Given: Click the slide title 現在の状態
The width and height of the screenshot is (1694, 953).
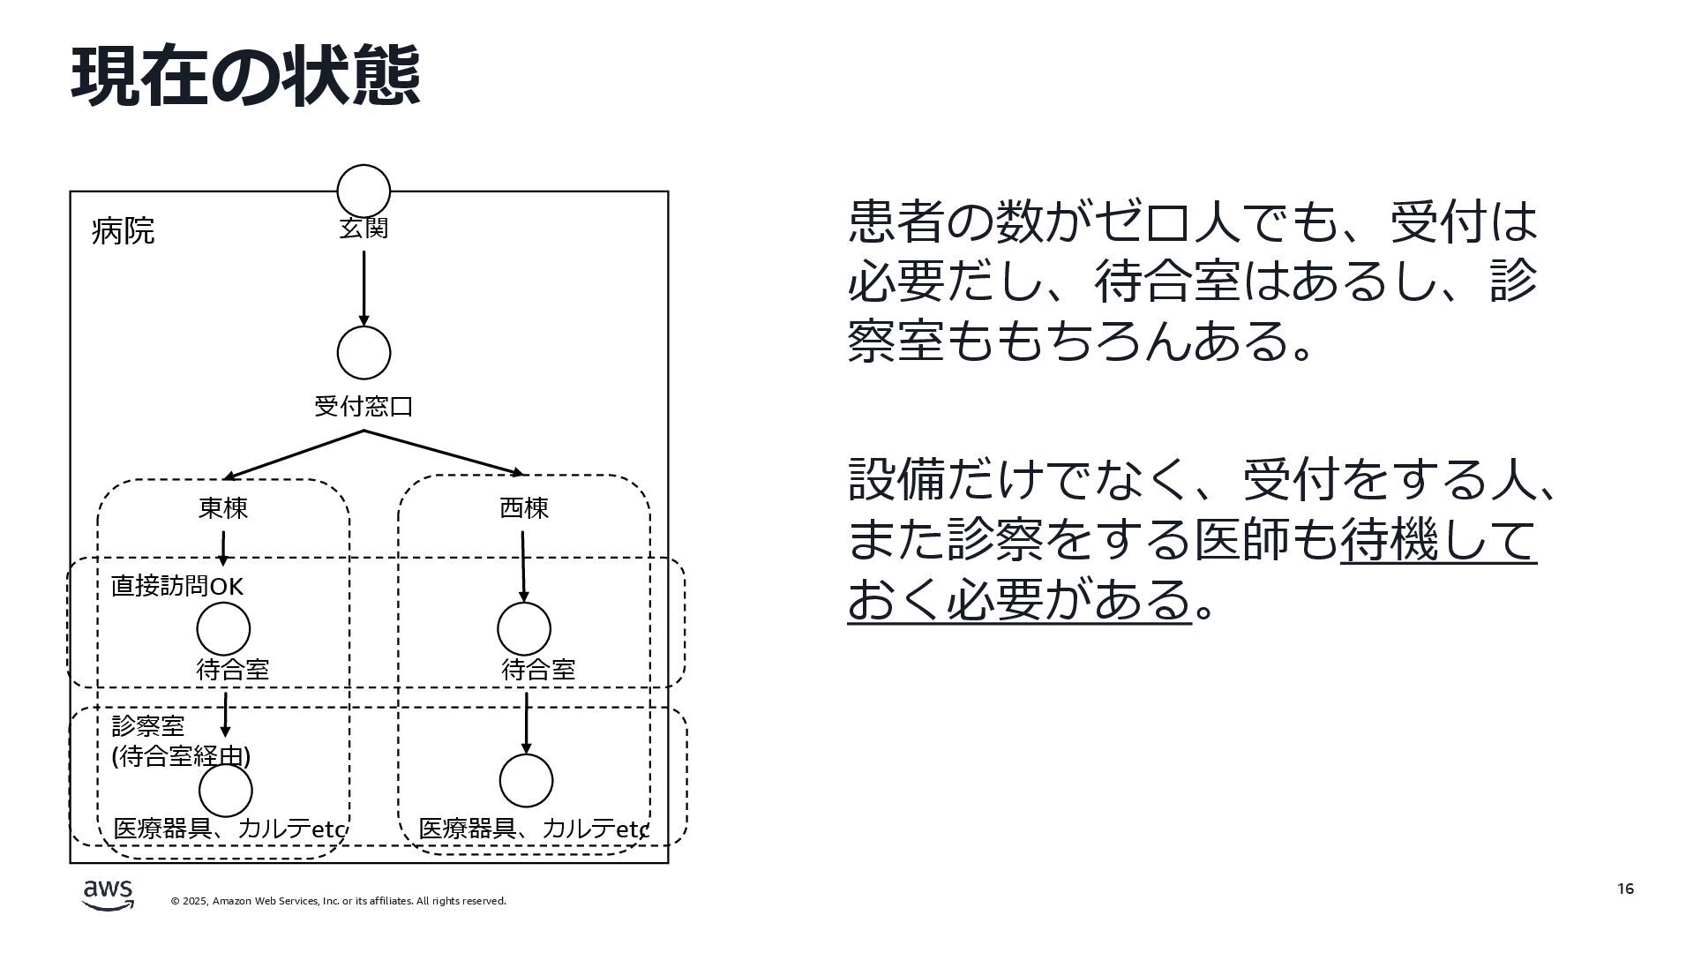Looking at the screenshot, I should click(245, 77).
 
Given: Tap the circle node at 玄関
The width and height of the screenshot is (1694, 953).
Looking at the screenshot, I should click(364, 191).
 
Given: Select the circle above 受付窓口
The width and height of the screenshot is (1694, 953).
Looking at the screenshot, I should click(364, 352).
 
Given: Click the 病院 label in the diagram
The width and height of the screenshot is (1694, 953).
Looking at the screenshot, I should click(123, 231).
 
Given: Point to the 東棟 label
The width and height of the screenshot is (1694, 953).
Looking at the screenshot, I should click(223, 508).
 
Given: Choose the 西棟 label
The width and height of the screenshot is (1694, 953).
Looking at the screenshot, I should click(524, 508).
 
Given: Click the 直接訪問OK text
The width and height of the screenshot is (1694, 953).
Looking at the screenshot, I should click(176, 586).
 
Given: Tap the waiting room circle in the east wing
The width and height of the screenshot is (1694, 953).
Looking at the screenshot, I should click(223, 629).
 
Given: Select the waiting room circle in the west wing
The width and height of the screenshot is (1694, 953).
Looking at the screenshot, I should click(524, 629).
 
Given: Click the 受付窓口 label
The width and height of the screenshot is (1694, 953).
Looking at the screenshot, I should click(364, 407).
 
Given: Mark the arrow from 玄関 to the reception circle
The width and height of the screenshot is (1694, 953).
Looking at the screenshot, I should click(364, 288).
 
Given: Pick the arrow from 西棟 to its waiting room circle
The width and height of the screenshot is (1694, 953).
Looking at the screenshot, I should click(523, 565).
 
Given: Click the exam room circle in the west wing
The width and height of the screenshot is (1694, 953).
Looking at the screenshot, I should click(526, 781).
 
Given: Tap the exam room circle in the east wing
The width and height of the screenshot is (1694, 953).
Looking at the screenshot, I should click(225, 790).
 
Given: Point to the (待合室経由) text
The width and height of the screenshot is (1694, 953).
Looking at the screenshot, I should click(181, 756).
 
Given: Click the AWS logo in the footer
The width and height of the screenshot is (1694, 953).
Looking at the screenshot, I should click(109, 894).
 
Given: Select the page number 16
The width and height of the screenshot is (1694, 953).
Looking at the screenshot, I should click(1625, 889).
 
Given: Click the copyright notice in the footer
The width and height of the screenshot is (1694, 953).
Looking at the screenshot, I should click(339, 901).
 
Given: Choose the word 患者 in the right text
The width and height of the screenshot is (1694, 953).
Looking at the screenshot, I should click(896, 221).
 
